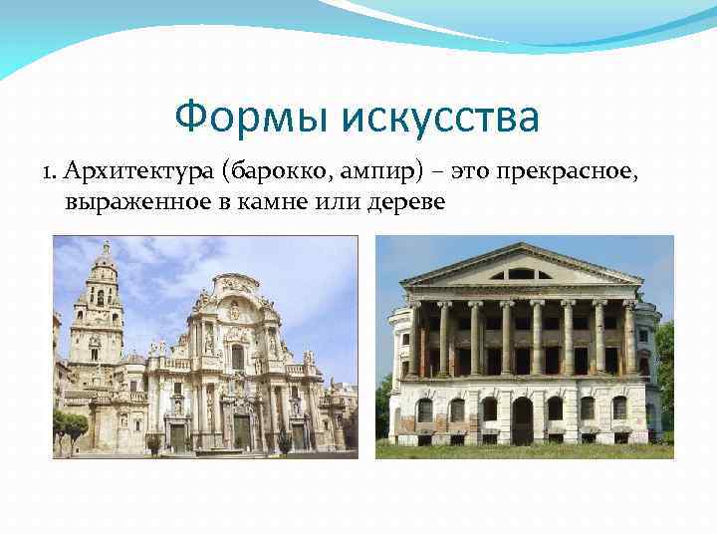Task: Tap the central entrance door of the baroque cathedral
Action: pyautogui.click(x=241, y=430)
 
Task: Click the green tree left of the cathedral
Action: pyautogui.click(x=70, y=425)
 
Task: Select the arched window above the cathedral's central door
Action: pyautogui.click(x=237, y=356)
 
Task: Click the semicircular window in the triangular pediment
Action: pyautogui.click(x=521, y=273)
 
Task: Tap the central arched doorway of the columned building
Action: pyautogui.click(x=522, y=419)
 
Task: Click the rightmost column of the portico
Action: pyautogui.click(x=628, y=339)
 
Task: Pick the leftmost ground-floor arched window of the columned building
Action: pyautogui.click(x=425, y=410)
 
